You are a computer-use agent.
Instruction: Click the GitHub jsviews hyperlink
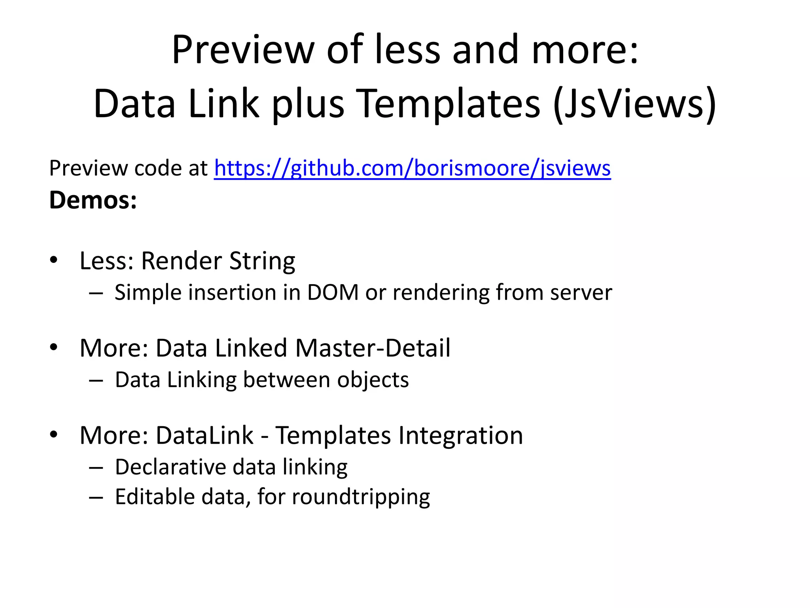[412, 169]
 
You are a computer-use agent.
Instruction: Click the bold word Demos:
[93, 200]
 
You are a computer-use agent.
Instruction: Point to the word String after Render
[262, 261]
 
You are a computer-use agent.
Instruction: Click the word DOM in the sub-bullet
[333, 293]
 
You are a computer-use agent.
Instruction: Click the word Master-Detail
[373, 348]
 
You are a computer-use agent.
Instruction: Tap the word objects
[373, 380]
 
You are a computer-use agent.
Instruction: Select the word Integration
[460, 435]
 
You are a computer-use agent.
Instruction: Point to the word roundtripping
[361, 497]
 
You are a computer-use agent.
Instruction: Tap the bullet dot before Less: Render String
[54, 260]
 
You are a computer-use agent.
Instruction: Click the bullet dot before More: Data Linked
[54, 348]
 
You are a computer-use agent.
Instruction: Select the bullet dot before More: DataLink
[54, 435]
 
